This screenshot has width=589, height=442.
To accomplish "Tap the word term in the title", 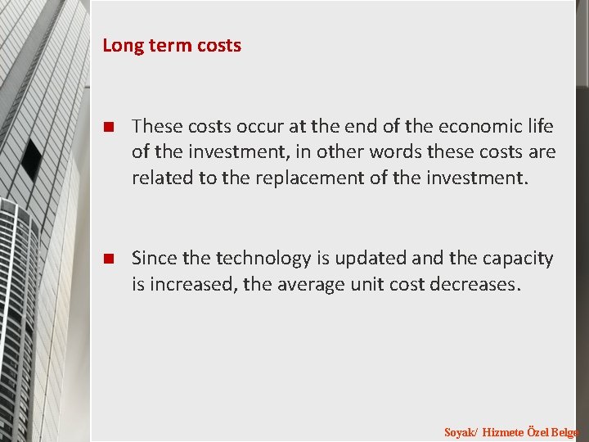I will click(x=161, y=46).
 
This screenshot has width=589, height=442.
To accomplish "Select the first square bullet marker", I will click(x=107, y=127).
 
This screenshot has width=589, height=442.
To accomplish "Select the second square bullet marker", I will click(x=107, y=259).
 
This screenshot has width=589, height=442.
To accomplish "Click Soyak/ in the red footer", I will click(x=461, y=431).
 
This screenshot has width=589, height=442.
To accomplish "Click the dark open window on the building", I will click(x=31, y=160).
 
